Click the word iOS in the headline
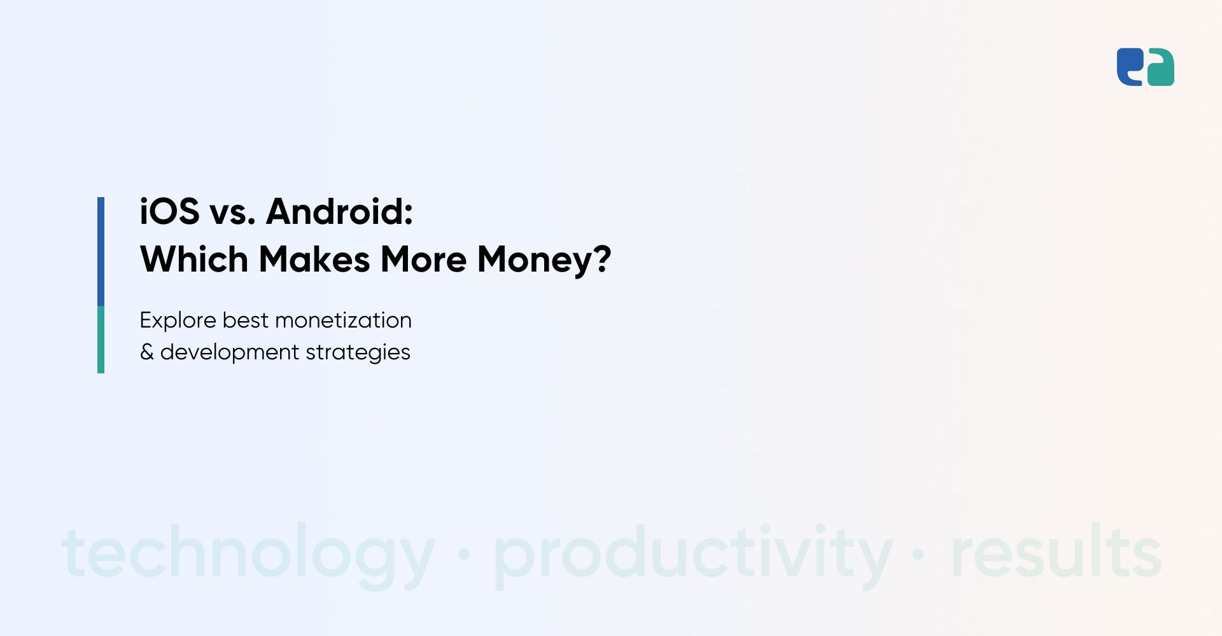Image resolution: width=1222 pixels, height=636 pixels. coord(169,211)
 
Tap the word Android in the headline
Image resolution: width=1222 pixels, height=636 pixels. coord(340,211)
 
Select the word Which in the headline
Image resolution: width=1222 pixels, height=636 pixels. coord(194,259)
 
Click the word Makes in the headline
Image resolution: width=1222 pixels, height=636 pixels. coord(314,259)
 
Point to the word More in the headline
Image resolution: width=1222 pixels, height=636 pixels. coord(424,259)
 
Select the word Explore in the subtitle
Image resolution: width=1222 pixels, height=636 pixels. coord(178,321)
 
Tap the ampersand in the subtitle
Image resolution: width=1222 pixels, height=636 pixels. coord(147,352)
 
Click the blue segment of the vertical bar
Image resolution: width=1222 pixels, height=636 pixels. coord(101,251)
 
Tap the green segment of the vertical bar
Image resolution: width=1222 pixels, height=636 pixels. coord(101,340)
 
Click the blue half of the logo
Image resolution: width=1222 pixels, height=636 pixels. coord(1129,67)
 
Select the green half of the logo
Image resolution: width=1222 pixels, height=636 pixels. coord(1161,67)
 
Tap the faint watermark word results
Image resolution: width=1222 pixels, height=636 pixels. coord(1056,551)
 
